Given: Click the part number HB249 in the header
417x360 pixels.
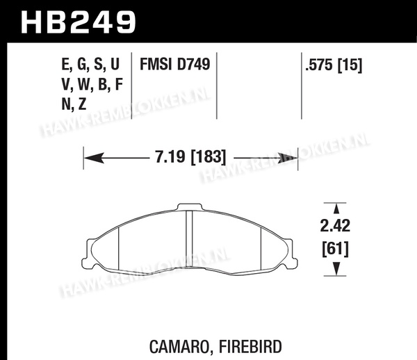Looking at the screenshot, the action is pos(79,22).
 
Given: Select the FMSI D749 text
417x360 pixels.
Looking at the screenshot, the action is pos(174,65).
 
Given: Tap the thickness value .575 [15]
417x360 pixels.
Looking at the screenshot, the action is pos(334,65).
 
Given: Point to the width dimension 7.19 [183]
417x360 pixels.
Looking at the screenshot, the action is pos(190,156).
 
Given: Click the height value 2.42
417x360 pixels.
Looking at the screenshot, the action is pos(335,226).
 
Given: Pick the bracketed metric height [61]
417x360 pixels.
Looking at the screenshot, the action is pos(335,249).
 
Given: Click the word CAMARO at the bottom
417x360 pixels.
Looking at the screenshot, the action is pos(179,347).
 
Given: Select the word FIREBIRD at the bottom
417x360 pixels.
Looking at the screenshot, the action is pos(250,346).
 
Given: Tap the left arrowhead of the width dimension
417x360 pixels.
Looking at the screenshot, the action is pos(94,158).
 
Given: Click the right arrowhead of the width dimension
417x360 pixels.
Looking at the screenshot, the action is pos(288,158).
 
